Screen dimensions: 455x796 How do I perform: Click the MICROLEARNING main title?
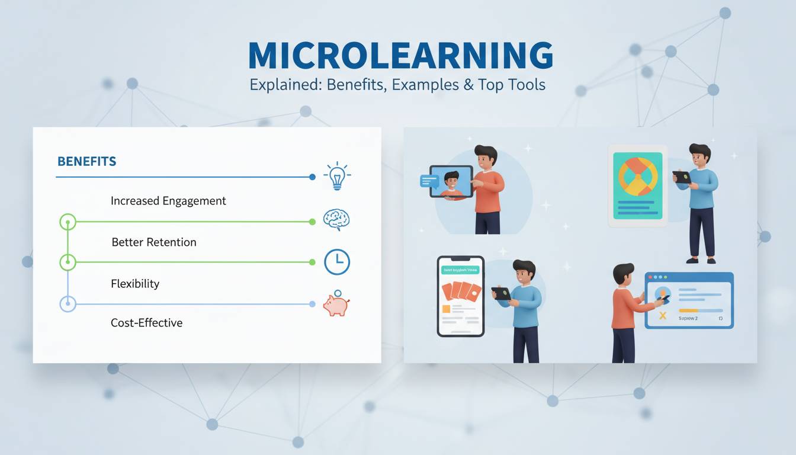click(400, 56)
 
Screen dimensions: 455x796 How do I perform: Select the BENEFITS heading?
click(86, 161)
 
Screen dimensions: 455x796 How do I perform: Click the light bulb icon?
click(336, 176)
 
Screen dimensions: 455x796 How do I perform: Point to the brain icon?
click(336, 220)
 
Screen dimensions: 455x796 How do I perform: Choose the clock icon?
click(337, 262)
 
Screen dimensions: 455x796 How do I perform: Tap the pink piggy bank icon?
click(336, 305)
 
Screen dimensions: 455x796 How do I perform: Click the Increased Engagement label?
click(168, 201)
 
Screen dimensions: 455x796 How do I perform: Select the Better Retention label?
click(154, 242)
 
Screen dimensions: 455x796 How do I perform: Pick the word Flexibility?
click(135, 284)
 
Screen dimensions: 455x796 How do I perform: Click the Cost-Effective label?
click(146, 323)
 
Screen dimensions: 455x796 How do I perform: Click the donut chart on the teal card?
click(638, 177)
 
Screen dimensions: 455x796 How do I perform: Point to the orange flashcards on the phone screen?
click(460, 291)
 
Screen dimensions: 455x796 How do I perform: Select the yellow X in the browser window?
click(663, 316)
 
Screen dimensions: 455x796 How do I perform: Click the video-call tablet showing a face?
click(451, 182)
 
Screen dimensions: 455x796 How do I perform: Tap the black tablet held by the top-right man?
click(682, 177)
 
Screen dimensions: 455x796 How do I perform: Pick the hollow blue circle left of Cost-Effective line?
click(68, 305)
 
